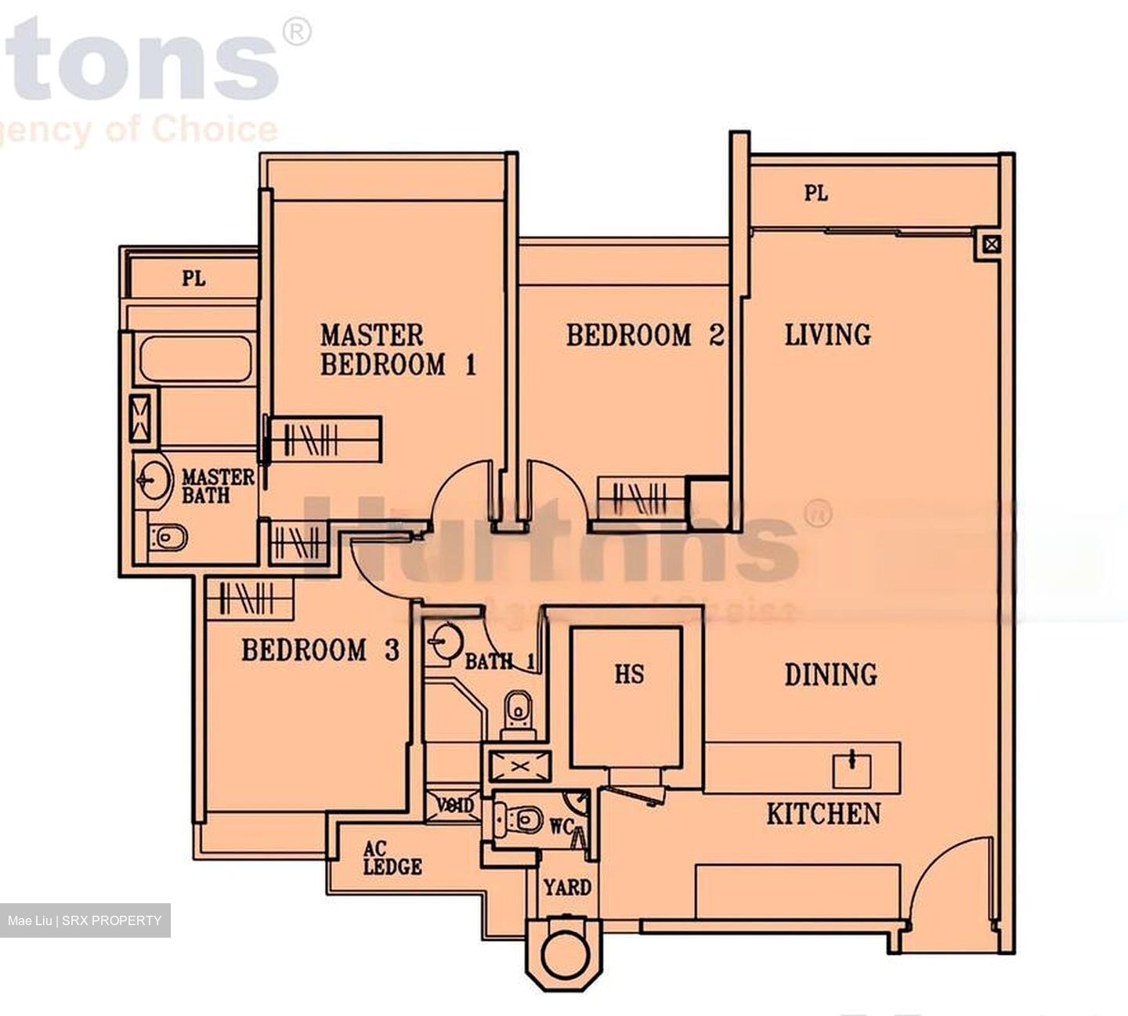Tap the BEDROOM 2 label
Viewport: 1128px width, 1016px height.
644,335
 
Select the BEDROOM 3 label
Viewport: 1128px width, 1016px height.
320,650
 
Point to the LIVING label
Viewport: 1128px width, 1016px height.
828,334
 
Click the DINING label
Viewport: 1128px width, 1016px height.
830,674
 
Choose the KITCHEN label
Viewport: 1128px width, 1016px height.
823,814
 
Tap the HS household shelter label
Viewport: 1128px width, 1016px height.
629,674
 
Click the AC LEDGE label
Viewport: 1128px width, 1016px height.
392,859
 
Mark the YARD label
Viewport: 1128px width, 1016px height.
567,888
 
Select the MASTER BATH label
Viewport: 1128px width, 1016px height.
217,486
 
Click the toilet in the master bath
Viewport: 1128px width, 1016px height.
168,537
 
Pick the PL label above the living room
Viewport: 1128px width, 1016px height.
815,193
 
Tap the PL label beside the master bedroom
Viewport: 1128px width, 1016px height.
193,278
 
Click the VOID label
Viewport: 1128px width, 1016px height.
455,805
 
